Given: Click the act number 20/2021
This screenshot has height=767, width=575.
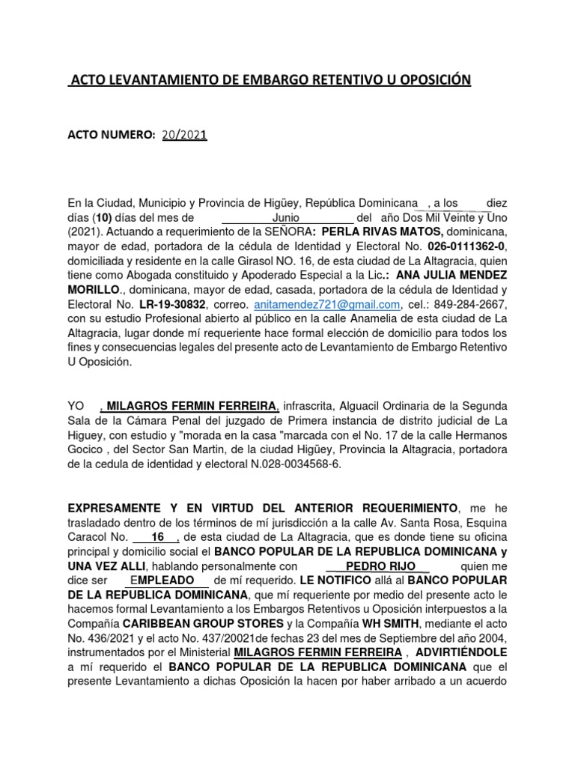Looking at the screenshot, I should coord(183,135).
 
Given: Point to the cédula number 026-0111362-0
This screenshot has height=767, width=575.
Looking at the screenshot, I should coord(466,246).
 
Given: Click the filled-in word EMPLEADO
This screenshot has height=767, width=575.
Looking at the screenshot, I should coord(168,580).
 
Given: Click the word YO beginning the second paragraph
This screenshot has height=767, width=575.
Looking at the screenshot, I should coord(76,406).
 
